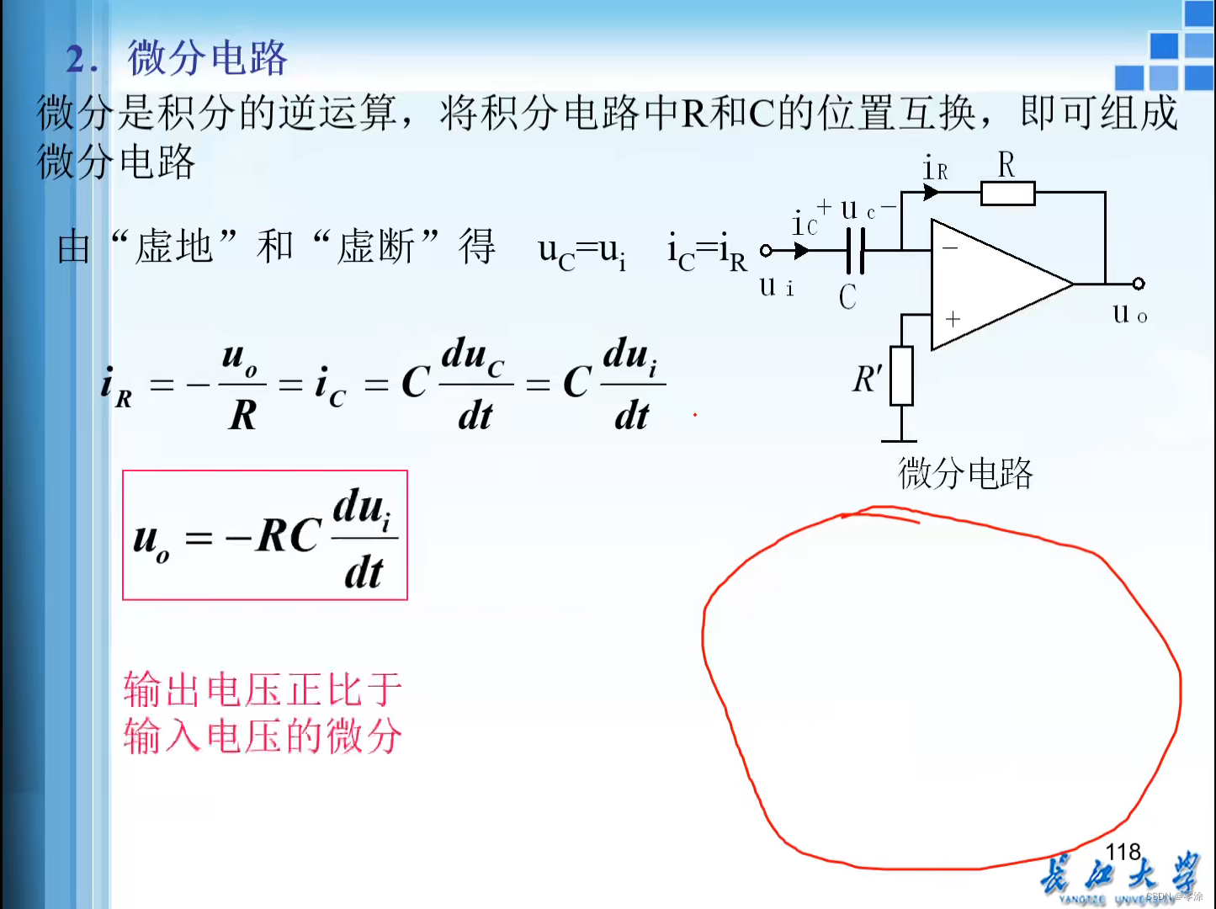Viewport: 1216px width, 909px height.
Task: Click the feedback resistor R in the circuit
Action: pyautogui.click(x=1007, y=193)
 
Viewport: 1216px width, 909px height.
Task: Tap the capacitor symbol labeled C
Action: pyautogui.click(x=855, y=250)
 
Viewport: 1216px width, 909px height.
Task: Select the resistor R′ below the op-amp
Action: pyautogui.click(x=901, y=375)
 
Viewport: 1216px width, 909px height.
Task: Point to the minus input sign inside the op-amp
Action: pyautogui.click(x=950, y=248)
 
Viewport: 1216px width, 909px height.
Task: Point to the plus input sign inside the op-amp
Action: pyautogui.click(x=953, y=319)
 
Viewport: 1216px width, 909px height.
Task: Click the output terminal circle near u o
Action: pyautogui.click(x=1138, y=284)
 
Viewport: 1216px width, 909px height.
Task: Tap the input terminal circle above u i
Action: pyautogui.click(x=766, y=250)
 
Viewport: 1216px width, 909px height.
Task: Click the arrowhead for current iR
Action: pyautogui.click(x=931, y=192)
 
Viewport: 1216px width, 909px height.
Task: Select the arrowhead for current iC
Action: pyautogui.click(x=801, y=250)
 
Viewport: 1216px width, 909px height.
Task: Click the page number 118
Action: pyautogui.click(x=1123, y=852)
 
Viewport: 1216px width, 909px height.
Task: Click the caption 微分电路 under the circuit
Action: pyautogui.click(x=965, y=473)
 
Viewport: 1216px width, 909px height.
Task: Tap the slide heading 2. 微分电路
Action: pyautogui.click(x=177, y=58)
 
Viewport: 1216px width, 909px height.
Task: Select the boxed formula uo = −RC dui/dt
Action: pyautogui.click(x=265, y=535)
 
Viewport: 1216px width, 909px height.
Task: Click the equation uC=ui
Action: pyautogui.click(x=581, y=251)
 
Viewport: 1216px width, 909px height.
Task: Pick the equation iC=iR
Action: pyautogui.click(x=707, y=251)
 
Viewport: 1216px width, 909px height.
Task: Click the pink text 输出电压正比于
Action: pyautogui.click(x=263, y=689)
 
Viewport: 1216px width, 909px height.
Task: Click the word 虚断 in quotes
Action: pyautogui.click(x=375, y=247)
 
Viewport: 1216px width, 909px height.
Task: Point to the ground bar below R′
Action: pyautogui.click(x=899, y=440)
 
